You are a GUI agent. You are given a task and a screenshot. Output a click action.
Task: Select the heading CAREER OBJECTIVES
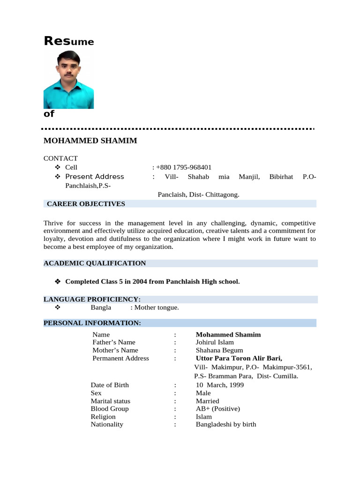click(86, 204)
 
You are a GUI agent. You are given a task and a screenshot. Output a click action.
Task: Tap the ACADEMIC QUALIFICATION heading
click(95, 263)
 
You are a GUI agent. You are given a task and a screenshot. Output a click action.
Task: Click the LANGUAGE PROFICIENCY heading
click(92, 300)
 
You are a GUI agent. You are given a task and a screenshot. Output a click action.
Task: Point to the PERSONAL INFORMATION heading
click(92, 323)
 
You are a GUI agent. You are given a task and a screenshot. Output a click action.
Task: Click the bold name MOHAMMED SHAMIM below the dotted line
click(90, 141)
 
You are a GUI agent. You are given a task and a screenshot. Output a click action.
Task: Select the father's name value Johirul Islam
click(215, 343)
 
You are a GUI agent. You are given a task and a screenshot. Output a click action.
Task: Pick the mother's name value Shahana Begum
click(219, 350)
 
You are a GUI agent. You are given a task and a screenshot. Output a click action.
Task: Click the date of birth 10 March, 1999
click(220, 385)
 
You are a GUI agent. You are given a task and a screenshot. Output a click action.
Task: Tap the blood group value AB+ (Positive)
click(218, 409)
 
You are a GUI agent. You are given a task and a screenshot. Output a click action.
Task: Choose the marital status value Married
click(208, 401)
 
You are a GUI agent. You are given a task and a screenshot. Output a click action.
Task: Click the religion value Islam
click(204, 417)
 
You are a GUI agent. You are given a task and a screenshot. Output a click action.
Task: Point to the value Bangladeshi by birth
click(226, 424)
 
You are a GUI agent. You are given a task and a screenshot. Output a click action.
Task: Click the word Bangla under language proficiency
click(101, 307)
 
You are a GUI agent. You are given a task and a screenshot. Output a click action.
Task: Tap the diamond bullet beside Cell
click(58, 167)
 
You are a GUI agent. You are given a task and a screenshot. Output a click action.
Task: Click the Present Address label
click(95, 177)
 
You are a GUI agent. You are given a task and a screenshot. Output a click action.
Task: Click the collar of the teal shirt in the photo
click(69, 82)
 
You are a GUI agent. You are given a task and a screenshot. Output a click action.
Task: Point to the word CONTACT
click(60, 158)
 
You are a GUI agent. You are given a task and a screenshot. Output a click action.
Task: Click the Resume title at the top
click(68, 41)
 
